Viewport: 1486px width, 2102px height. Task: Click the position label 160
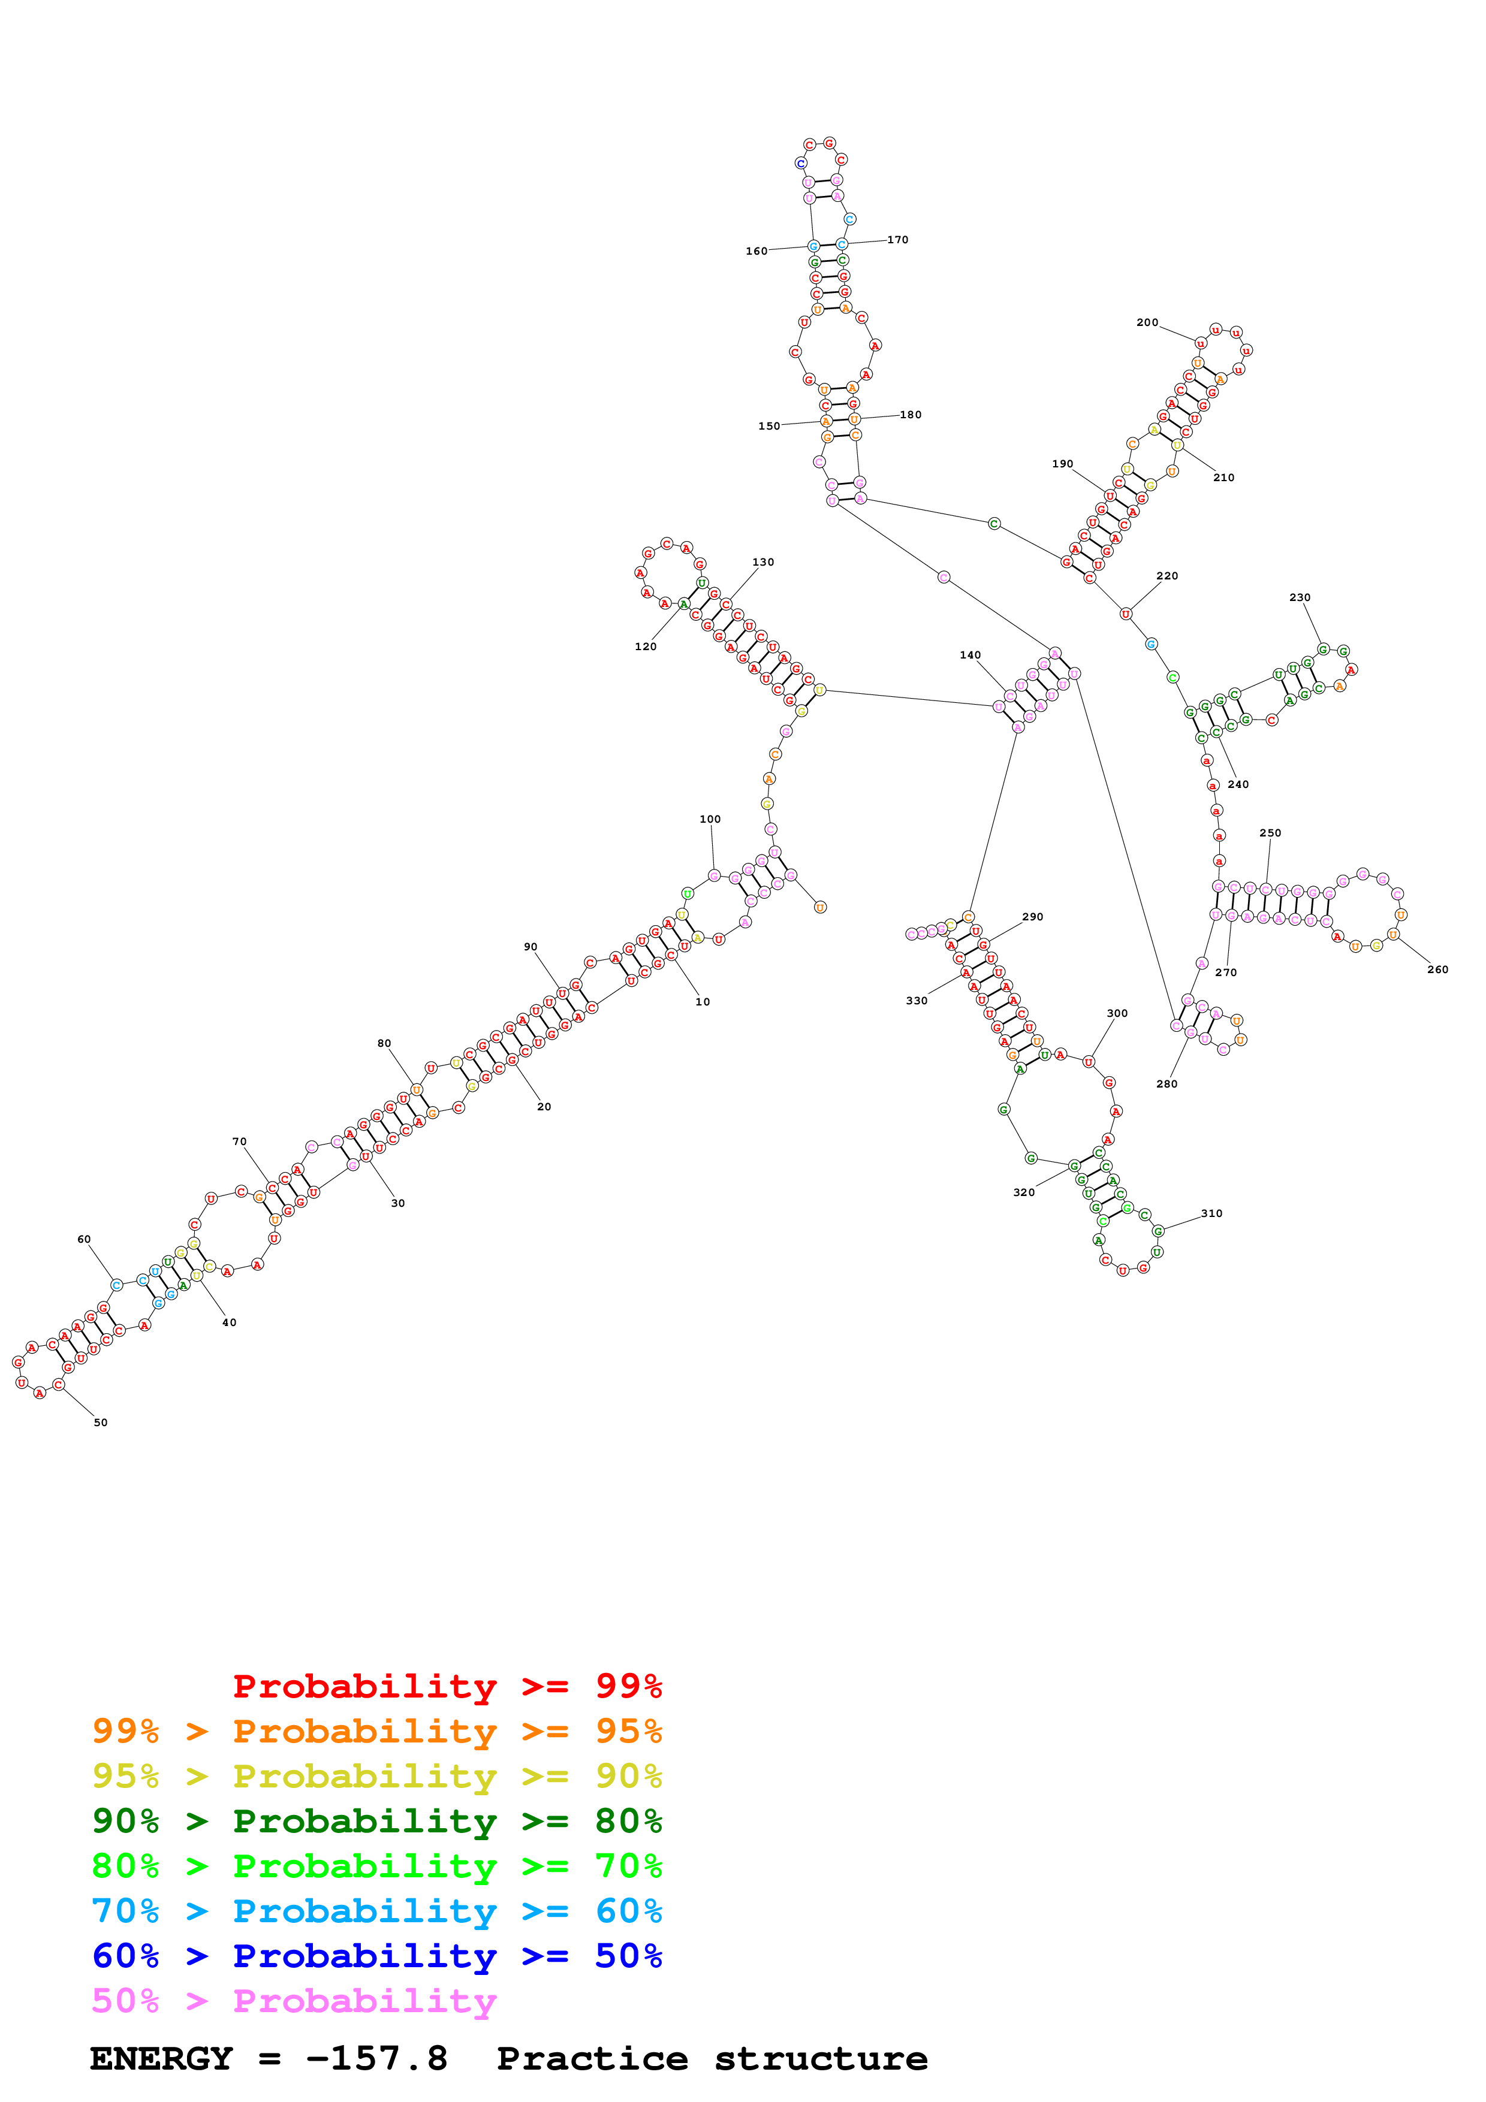[756, 251]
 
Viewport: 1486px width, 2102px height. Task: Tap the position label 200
[1147, 322]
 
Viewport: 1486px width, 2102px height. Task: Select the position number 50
[101, 1422]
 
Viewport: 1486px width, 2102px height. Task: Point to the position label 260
[1437, 970]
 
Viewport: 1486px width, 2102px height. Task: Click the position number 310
[1211, 1213]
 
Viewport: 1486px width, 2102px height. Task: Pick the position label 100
[710, 819]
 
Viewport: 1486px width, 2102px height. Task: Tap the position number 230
[1299, 597]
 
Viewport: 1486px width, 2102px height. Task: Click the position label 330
[917, 1001]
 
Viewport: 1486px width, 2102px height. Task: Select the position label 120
[646, 647]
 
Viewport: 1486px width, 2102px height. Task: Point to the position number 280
[1167, 1084]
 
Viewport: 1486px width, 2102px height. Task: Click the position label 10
[703, 1001]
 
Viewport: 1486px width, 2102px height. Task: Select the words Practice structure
[712, 2058]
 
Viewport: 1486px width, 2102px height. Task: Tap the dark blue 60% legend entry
[376, 1956]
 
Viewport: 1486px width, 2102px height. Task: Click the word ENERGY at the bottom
[161, 2058]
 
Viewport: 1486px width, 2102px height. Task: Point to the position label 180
[910, 415]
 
